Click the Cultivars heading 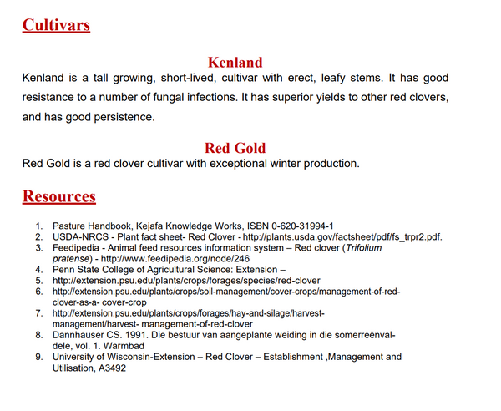(x=56, y=25)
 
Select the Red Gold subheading (x=235, y=148)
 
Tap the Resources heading (x=58, y=197)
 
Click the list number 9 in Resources (x=38, y=357)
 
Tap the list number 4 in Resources (x=38, y=270)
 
